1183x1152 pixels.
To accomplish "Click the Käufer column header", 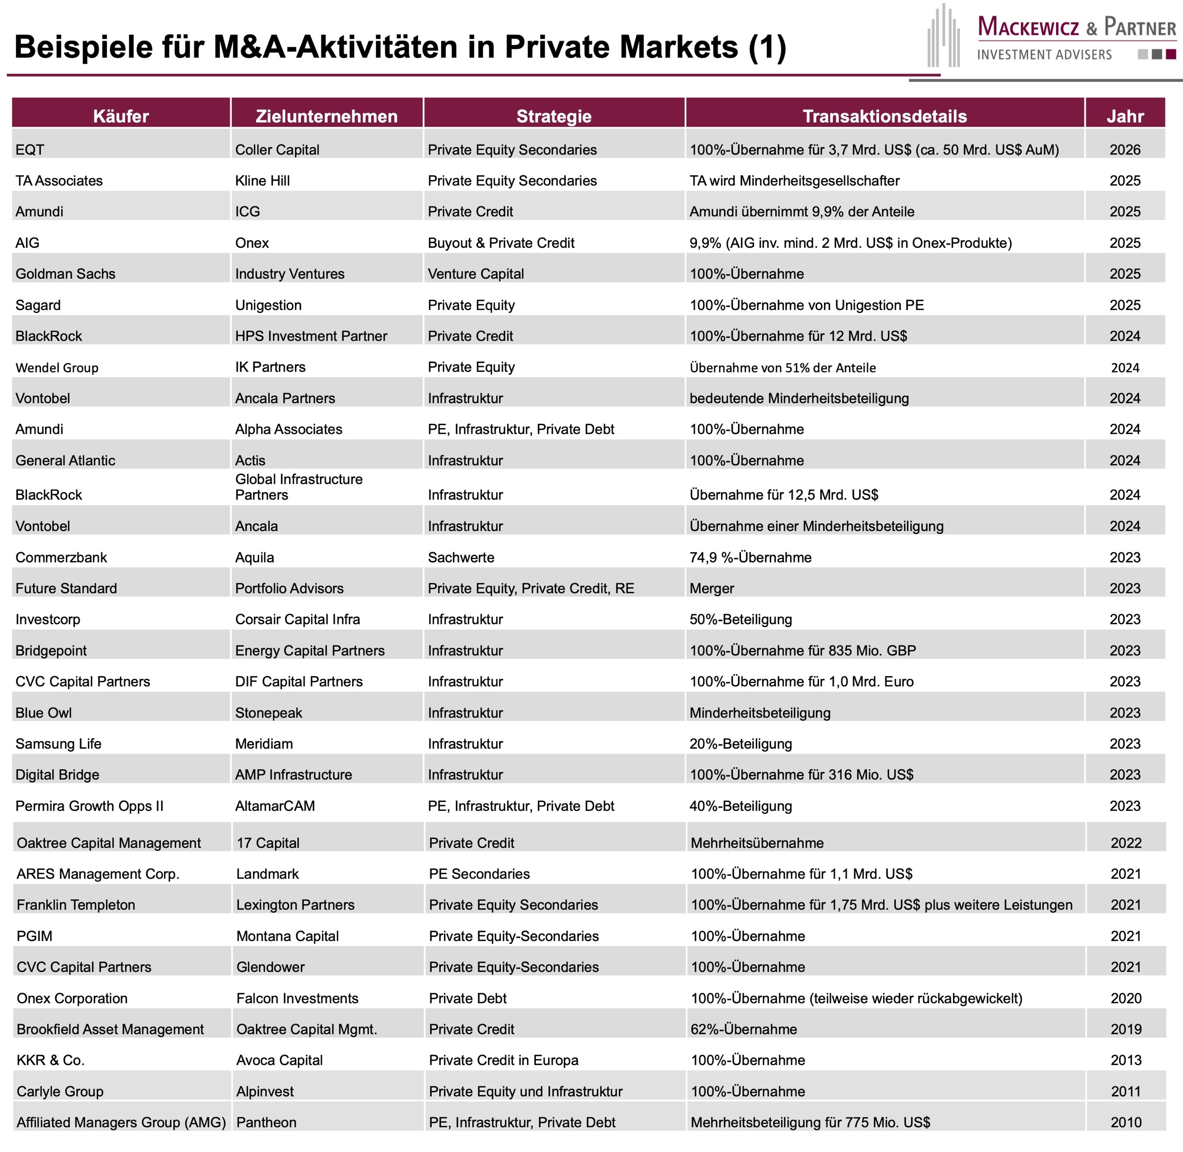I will point(121,116).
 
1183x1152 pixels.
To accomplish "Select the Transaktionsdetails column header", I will point(885,116).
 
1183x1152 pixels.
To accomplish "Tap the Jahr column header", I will point(1125,116).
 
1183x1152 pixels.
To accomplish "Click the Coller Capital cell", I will point(277,150).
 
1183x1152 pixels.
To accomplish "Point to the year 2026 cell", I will point(1125,150).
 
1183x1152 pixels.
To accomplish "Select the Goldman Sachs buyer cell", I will point(65,274).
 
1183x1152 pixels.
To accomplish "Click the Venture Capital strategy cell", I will point(476,274).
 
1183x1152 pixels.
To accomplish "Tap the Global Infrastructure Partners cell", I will point(299,487).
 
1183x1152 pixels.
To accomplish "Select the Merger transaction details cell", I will point(712,589).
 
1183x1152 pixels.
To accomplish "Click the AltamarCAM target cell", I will point(275,806).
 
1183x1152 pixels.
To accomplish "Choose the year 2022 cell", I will point(1126,843).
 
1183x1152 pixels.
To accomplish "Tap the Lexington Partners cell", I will point(296,905).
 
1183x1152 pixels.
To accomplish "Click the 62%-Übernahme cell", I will point(743,1029).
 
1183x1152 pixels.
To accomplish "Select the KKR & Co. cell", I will point(51,1060).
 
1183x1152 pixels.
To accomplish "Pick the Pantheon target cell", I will point(266,1122).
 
